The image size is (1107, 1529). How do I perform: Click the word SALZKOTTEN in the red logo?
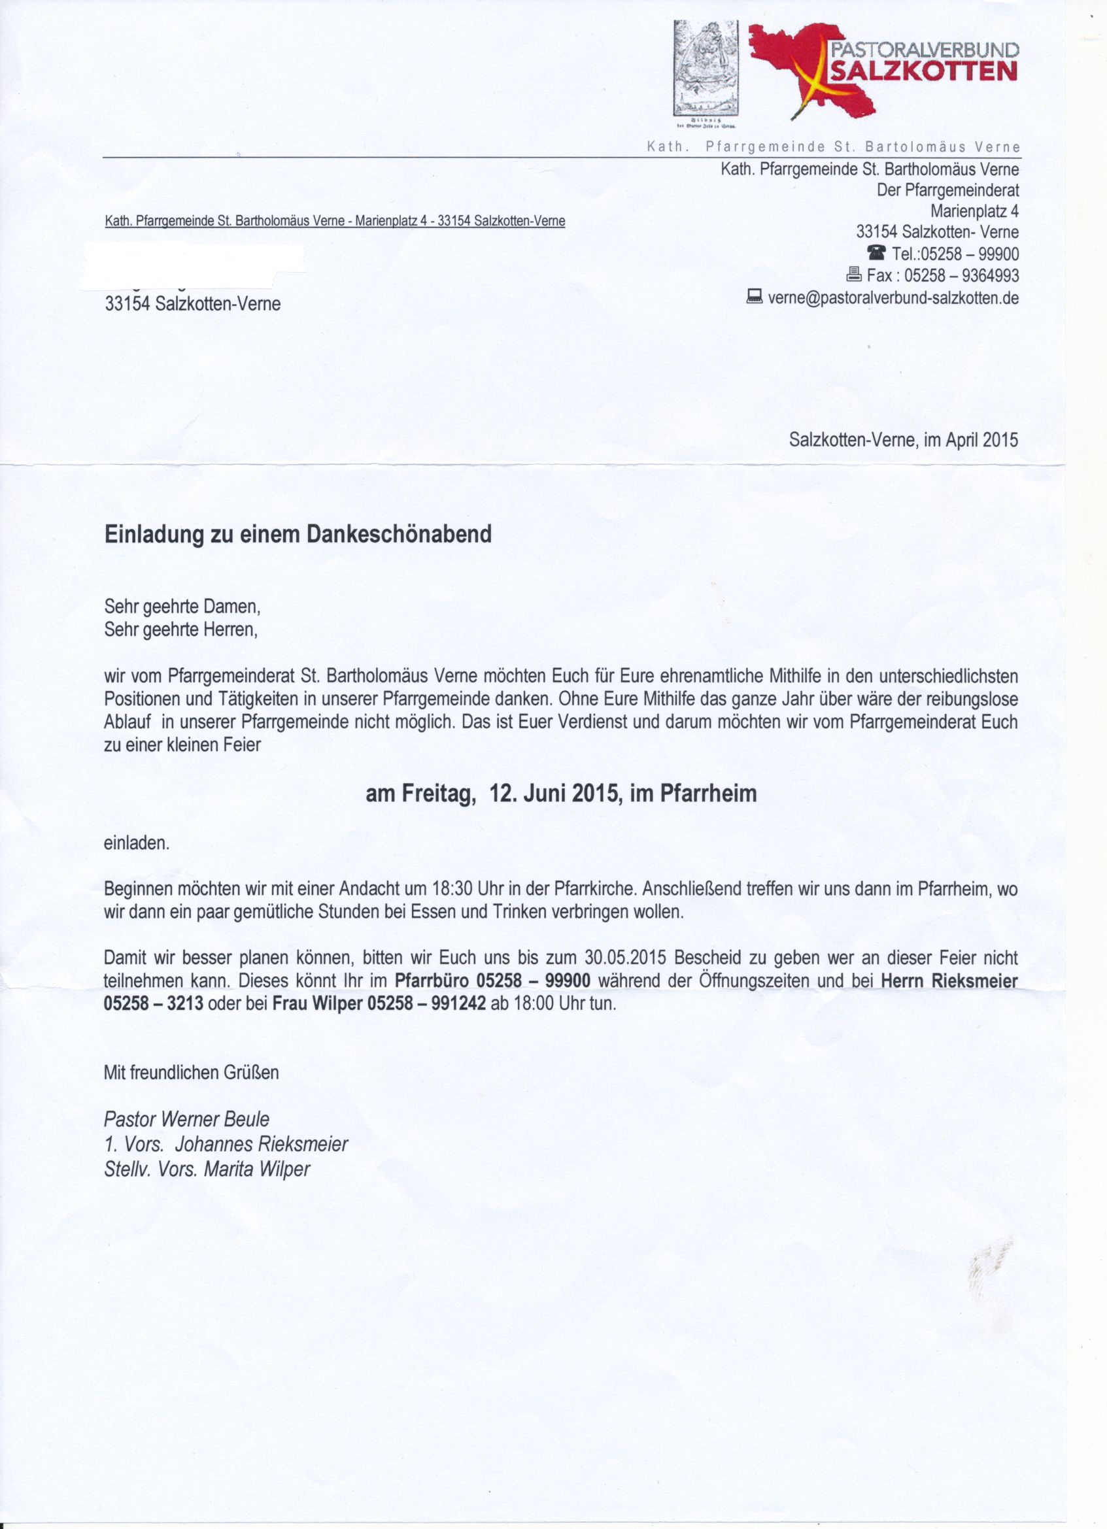pos(923,71)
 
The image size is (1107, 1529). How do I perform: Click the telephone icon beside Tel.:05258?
pos(876,253)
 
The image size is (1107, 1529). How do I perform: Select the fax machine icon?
pos(853,275)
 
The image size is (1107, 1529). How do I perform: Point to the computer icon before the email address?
pos(755,296)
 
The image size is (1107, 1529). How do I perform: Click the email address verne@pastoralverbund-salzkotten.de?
pos(893,297)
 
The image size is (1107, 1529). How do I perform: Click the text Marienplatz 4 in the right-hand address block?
pos(974,211)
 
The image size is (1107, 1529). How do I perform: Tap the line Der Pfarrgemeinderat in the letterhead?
pos(947,190)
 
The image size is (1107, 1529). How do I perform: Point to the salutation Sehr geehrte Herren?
pos(180,630)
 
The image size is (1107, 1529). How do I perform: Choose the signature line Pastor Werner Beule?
pos(186,1120)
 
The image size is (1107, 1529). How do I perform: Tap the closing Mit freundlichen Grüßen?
pos(191,1072)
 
